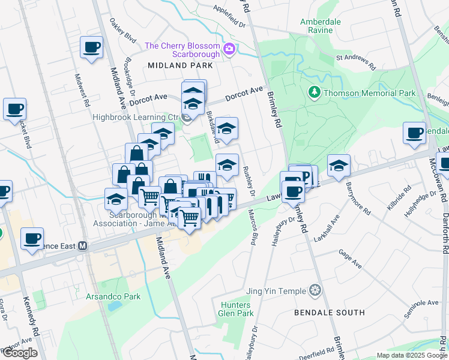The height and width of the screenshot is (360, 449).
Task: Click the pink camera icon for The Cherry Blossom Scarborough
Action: pos(229,49)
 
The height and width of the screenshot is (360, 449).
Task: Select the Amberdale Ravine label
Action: pos(321,25)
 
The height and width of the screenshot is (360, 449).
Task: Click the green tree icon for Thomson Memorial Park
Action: pos(313,92)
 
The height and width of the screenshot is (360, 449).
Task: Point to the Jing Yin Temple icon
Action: pos(315,291)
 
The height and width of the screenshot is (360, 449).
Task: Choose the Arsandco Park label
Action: pos(114,296)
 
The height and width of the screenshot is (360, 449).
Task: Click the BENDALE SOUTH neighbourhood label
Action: pos(330,313)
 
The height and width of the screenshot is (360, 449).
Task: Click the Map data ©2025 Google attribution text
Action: pos(411,355)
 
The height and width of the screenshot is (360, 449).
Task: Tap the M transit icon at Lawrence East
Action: pos(83,246)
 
